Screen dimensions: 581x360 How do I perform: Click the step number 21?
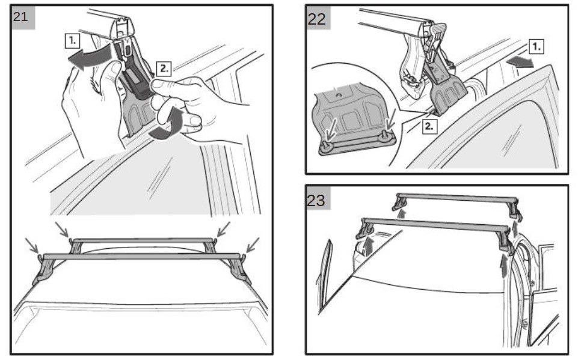[20, 17]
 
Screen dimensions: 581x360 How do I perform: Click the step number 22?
[316, 19]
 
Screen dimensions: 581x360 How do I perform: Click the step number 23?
[316, 200]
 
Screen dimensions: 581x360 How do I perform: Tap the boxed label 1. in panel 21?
[72, 40]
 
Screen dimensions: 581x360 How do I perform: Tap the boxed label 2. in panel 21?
[164, 69]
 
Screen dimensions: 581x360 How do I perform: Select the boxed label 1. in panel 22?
[536, 46]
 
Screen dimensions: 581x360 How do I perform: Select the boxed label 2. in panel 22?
[429, 126]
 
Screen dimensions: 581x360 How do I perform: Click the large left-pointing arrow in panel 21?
[89, 58]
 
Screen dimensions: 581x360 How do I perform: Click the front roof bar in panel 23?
[435, 225]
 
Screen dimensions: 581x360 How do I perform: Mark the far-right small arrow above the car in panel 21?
[253, 245]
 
